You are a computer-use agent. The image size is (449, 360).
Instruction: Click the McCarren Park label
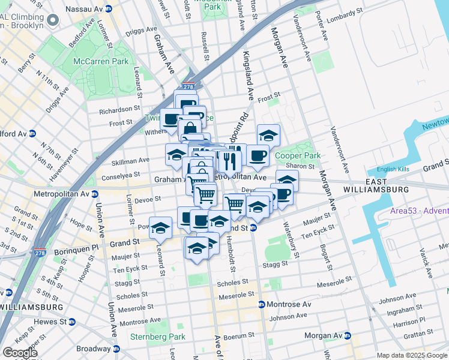point(92,62)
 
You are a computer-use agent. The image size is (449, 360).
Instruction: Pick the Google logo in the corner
point(19,352)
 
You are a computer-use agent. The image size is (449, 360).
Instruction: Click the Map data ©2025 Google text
point(412,355)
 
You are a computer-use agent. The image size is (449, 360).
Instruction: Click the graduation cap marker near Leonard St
point(161,227)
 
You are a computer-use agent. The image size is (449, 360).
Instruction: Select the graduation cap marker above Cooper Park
point(268,135)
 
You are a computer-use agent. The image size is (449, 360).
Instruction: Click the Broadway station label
point(92,349)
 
